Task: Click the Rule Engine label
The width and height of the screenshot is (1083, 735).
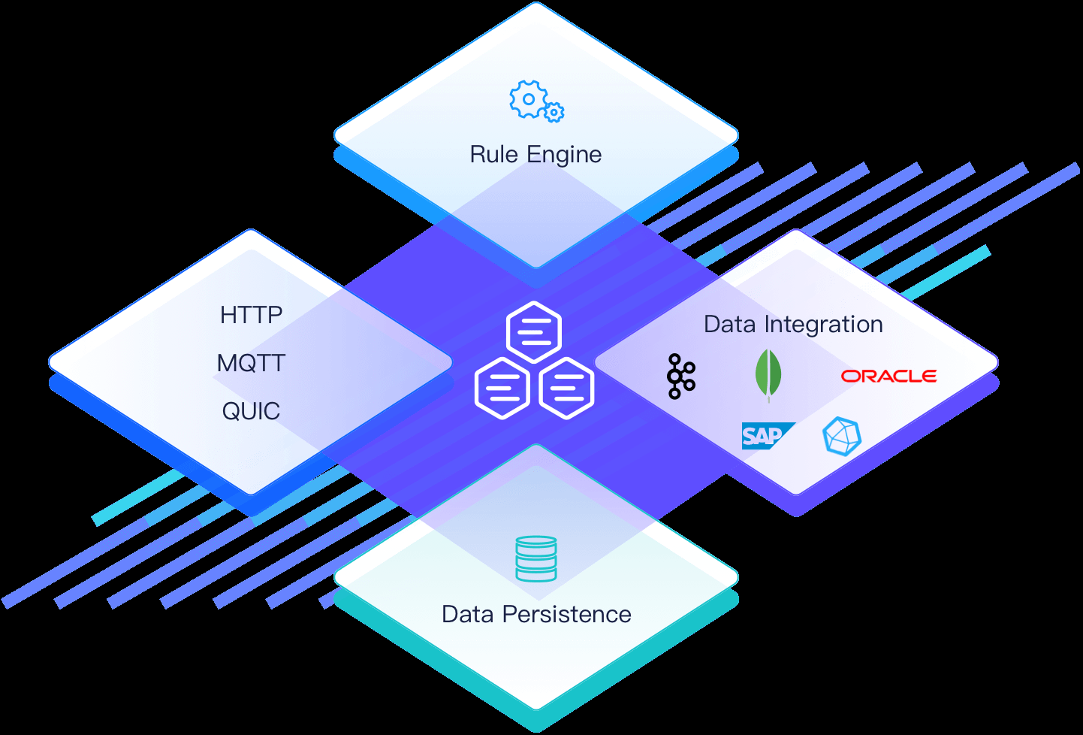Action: pyautogui.click(x=535, y=155)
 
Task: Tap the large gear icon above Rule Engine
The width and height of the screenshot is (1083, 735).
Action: pyautogui.click(x=528, y=99)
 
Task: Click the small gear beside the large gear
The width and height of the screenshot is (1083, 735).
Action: pyautogui.click(x=554, y=113)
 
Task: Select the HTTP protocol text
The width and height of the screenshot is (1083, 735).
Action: pyautogui.click(x=251, y=315)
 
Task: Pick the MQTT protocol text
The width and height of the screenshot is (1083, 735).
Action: pyautogui.click(x=251, y=363)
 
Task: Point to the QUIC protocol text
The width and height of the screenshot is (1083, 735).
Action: pyautogui.click(x=251, y=411)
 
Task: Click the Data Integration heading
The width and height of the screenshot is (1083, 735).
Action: pyautogui.click(x=793, y=325)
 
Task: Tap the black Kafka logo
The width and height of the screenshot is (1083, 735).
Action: pyautogui.click(x=680, y=376)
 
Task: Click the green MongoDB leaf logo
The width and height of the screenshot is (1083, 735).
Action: pyautogui.click(x=768, y=374)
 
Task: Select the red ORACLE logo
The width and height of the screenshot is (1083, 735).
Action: pyautogui.click(x=888, y=376)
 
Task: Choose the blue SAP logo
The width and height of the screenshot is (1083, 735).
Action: pyautogui.click(x=765, y=436)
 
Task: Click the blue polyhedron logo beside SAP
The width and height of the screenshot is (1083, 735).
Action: pyautogui.click(x=841, y=437)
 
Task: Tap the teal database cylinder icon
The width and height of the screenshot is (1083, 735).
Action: pyautogui.click(x=536, y=558)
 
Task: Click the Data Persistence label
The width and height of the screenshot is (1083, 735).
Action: pyautogui.click(x=536, y=615)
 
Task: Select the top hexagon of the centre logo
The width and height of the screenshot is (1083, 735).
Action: pyautogui.click(x=534, y=331)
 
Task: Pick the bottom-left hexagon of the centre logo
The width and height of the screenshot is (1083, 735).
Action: pyautogui.click(x=502, y=388)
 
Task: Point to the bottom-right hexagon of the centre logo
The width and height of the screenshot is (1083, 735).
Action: pyautogui.click(x=567, y=388)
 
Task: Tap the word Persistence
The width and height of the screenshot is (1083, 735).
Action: pyautogui.click(x=566, y=615)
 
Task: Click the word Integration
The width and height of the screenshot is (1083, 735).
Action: pyautogui.click(x=823, y=325)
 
